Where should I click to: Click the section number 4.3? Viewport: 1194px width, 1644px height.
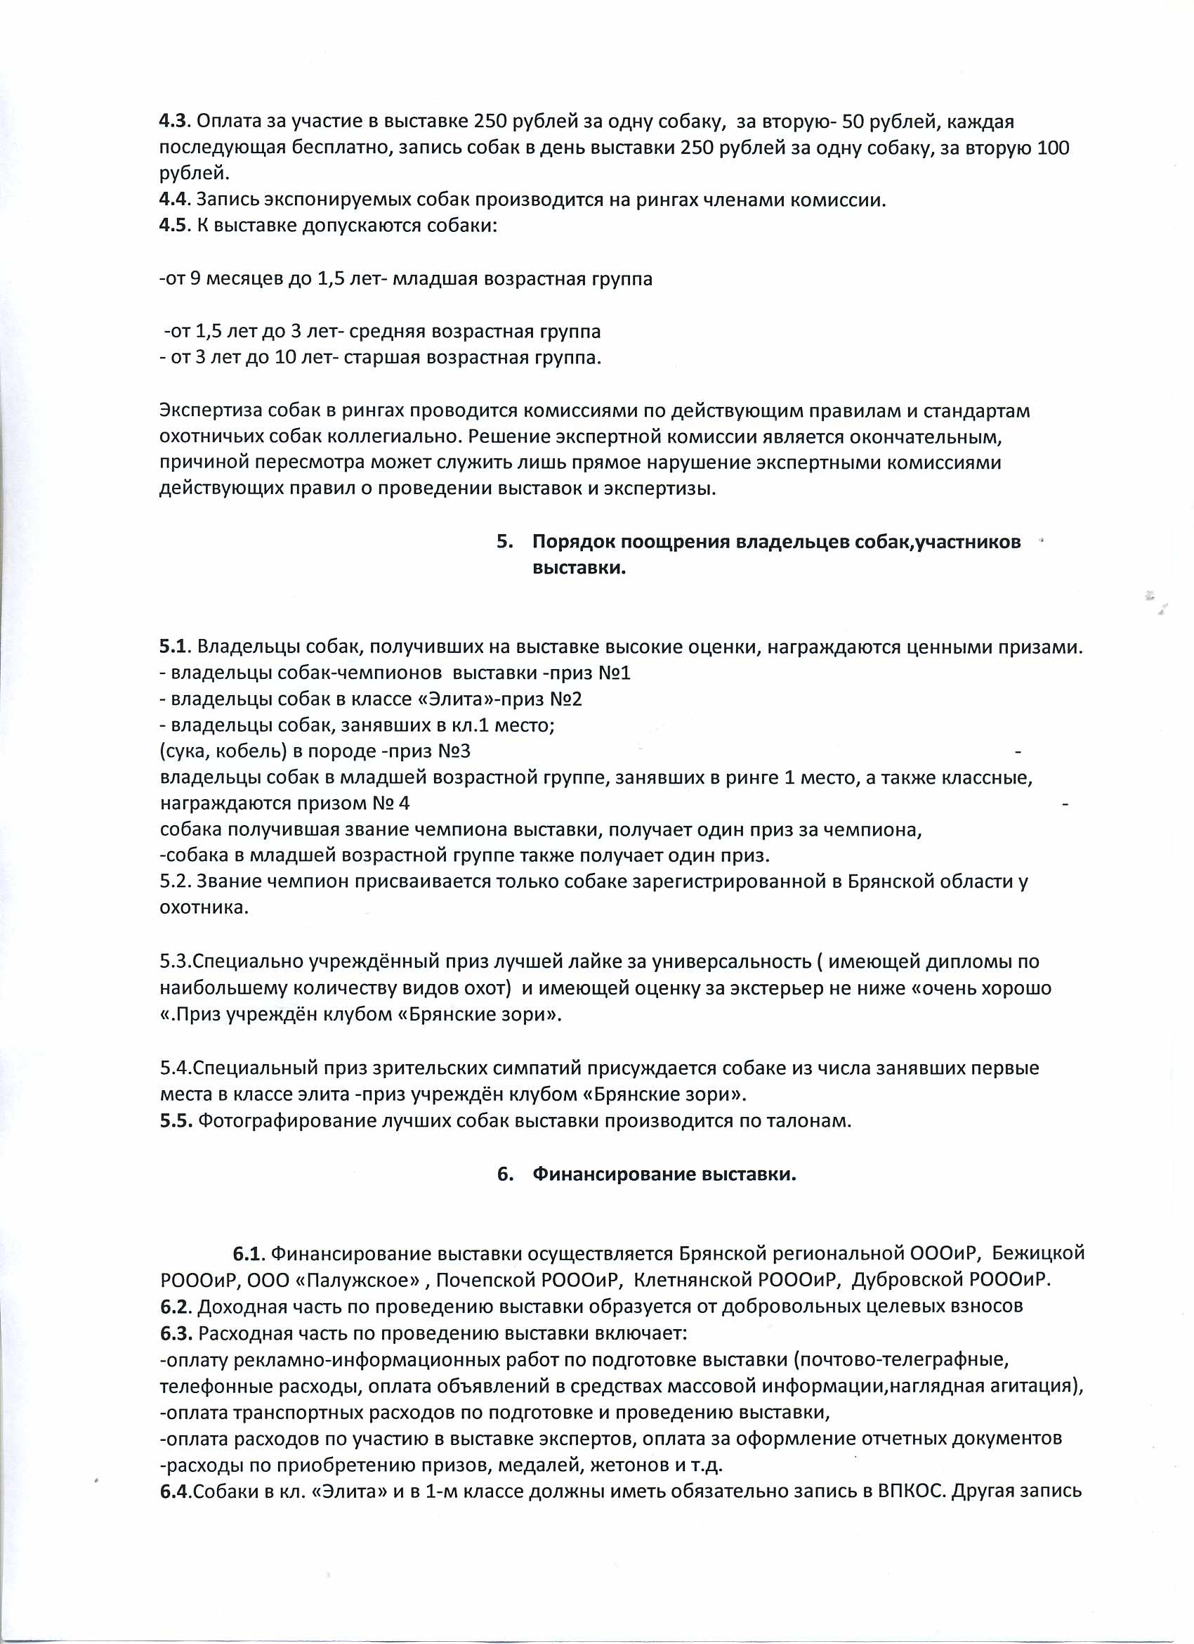pos(173,121)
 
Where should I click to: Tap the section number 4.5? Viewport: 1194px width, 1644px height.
pos(173,225)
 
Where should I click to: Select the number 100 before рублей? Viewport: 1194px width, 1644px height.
pos(1054,148)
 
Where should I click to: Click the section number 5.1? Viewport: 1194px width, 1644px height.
pos(174,647)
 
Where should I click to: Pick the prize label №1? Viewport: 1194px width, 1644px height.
pos(615,673)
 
